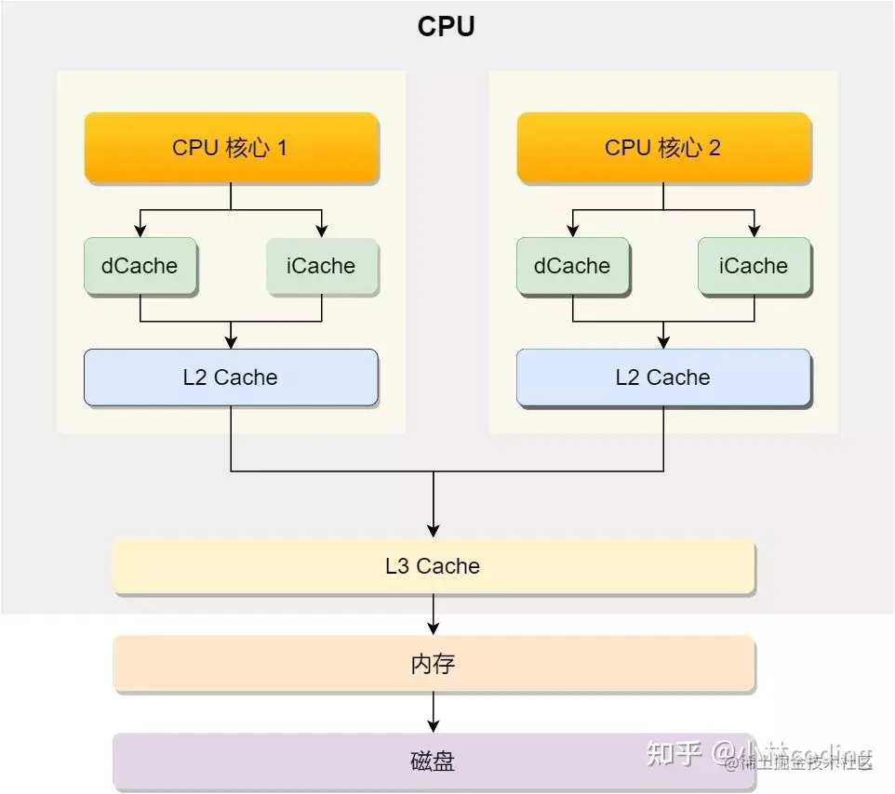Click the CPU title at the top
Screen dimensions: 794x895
click(x=447, y=26)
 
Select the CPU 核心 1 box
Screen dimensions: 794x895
click(x=231, y=148)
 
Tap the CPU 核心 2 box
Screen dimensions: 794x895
click(x=663, y=148)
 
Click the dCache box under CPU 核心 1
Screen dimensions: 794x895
click(x=140, y=267)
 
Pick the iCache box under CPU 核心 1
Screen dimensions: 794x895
click(x=322, y=267)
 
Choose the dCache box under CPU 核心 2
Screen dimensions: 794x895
click(x=572, y=267)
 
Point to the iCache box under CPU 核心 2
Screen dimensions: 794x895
click(x=754, y=267)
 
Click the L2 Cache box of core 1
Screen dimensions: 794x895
click(x=231, y=377)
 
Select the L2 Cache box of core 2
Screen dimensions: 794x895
click(x=663, y=377)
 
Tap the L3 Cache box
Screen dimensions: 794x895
click(x=434, y=566)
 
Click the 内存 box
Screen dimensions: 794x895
click(x=434, y=665)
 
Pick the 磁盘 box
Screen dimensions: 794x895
click(x=434, y=761)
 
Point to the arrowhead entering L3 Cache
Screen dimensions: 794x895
click(x=434, y=531)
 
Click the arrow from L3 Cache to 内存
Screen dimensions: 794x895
click(x=434, y=615)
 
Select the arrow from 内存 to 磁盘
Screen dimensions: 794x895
click(x=434, y=713)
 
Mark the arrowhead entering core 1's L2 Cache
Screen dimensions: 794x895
click(x=231, y=341)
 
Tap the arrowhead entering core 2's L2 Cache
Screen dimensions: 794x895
click(x=663, y=341)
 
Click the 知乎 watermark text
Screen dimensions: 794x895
click(x=674, y=753)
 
